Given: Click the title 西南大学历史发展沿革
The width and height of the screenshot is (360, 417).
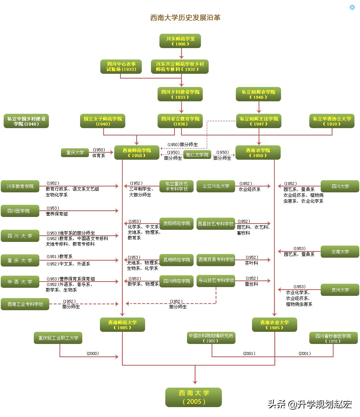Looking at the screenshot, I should click(x=185, y=18).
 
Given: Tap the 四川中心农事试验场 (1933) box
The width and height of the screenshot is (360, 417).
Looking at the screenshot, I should click(x=121, y=66).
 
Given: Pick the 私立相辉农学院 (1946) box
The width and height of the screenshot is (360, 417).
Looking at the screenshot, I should click(x=258, y=94).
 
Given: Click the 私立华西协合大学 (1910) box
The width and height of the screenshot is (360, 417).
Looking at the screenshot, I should click(x=332, y=121).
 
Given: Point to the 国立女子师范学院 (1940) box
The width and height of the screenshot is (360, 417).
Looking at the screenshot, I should click(x=103, y=121).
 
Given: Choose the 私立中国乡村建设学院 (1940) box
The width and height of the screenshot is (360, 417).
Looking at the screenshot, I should click(x=26, y=121).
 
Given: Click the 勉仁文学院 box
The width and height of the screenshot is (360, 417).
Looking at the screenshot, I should click(x=197, y=155).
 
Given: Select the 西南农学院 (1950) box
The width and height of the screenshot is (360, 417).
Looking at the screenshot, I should click(x=258, y=152).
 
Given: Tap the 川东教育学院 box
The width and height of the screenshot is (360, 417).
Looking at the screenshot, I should click(x=20, y=186).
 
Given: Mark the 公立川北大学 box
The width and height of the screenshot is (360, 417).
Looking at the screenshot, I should click(x=216, y=186).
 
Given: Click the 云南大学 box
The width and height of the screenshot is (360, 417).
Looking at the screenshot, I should click(x=340, y=251).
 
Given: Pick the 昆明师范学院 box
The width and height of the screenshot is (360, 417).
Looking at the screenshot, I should click(x=176, y=260).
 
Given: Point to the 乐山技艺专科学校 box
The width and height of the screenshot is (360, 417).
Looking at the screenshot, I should click(x=216, y=280).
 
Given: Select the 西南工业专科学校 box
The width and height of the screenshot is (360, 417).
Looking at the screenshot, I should click(x=25, y=304).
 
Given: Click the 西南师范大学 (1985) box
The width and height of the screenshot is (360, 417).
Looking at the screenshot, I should click(x=122, y=325).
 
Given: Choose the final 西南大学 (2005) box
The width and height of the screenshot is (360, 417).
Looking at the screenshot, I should click(x=194, y=397).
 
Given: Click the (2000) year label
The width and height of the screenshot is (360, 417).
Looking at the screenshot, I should click(x=93, y=353).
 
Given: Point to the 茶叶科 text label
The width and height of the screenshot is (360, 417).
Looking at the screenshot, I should click(x=252, y=263).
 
